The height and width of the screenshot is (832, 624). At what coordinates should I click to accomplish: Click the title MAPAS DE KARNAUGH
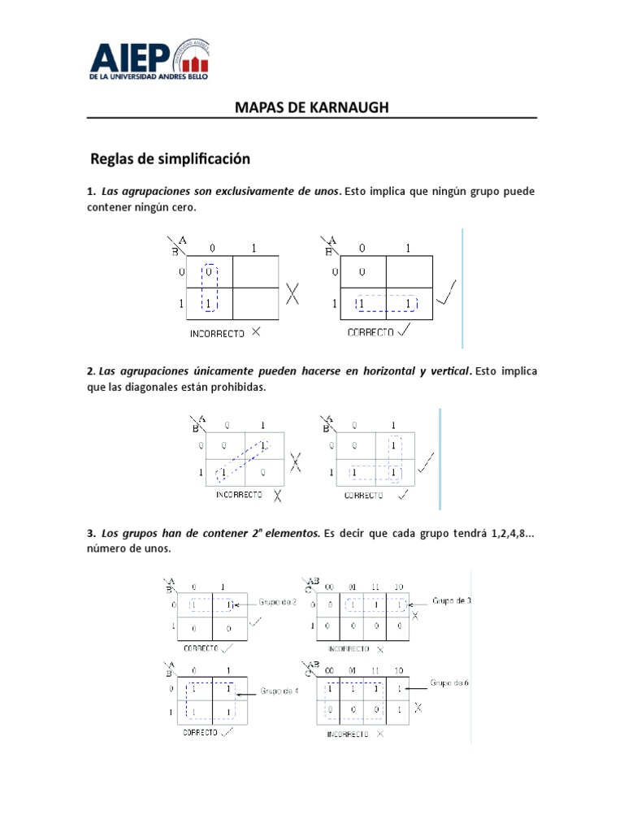[x=312, y=107]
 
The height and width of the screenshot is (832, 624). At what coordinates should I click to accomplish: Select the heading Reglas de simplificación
[x=170, y=158]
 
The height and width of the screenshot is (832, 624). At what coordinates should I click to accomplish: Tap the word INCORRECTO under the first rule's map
[x=218, y=332]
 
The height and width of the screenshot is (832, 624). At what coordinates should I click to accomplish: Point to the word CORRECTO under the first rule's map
[x=370, y=332]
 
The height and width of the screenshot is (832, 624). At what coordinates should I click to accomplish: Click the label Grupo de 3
[x=452, y=601]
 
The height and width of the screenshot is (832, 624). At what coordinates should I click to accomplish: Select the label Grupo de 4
[x=280, y=691]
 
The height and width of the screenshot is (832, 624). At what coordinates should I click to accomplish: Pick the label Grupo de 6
[x=449, y=683]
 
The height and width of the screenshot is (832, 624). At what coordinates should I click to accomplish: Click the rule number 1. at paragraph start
[x=92, y=192]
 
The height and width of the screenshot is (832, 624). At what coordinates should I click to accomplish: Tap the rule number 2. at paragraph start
[x=92, y=370]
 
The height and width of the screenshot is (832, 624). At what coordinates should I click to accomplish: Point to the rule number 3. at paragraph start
[x=92, y=534]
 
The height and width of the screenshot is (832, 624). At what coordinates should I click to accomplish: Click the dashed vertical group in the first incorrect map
[x=210, y=288]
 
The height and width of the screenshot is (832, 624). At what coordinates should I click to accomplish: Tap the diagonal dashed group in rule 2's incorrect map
[x=241, y=459]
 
